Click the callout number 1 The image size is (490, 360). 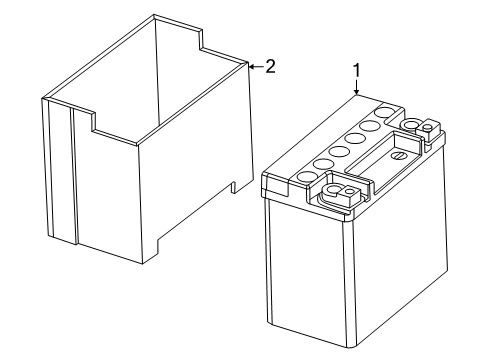click(357, 71)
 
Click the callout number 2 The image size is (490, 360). click(270, 67)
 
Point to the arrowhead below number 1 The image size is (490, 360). click(357, 92)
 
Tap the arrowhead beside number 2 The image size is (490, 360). click(252, 67)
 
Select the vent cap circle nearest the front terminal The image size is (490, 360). click(307, 176)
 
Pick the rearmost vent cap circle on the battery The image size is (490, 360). click(385, 112)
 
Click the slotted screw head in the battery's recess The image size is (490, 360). click(398, 156)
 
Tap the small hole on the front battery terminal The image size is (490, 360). click(349, 191)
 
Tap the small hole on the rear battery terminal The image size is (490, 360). click(428, 127)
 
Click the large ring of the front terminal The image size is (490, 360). click(332, 191)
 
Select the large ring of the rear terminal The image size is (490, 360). click(410, 125)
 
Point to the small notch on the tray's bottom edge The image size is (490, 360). click(234, 187)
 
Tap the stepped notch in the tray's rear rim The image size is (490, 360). click(200, 41)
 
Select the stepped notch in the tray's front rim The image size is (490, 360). click(94, 123)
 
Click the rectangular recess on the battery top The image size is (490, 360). click(382, 152)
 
